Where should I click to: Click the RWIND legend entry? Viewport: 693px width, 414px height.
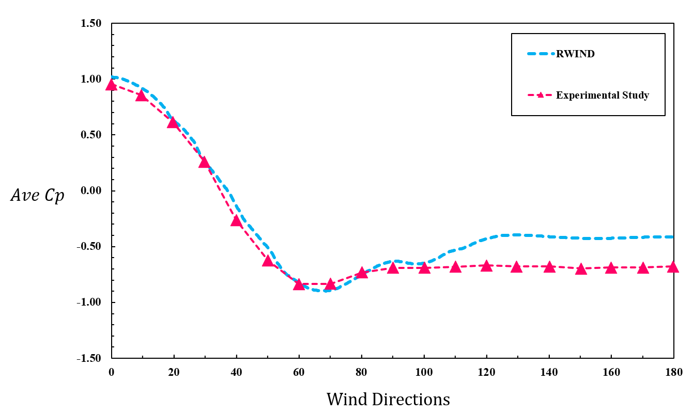click(575, 54)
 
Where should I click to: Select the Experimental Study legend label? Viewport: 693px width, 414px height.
click(602, 95)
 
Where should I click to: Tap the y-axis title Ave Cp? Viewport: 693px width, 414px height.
click(37, 196)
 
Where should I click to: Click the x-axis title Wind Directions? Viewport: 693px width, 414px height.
click(388, 399)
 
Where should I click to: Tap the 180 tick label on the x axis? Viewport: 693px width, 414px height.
click(673, 372)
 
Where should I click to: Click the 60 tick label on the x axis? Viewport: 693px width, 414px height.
click(299, 372)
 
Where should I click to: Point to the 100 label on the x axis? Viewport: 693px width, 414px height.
click(424, 372)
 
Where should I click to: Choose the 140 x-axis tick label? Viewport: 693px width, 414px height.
click(549, 372)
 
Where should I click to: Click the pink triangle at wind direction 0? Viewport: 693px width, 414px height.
click(111, 85)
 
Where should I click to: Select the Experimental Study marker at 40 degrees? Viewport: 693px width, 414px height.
click(237, 220)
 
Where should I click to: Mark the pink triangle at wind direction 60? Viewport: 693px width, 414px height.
click(299, 284)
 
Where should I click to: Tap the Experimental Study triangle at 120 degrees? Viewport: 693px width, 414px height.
click(486, 266)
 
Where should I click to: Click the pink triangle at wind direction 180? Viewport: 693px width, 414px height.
click(673, 267)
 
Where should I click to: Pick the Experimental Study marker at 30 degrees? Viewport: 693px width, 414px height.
click(204, 162)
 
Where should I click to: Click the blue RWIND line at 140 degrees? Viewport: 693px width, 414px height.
click(549, 236)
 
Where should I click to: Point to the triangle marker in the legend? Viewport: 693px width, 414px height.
click(539, 95)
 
